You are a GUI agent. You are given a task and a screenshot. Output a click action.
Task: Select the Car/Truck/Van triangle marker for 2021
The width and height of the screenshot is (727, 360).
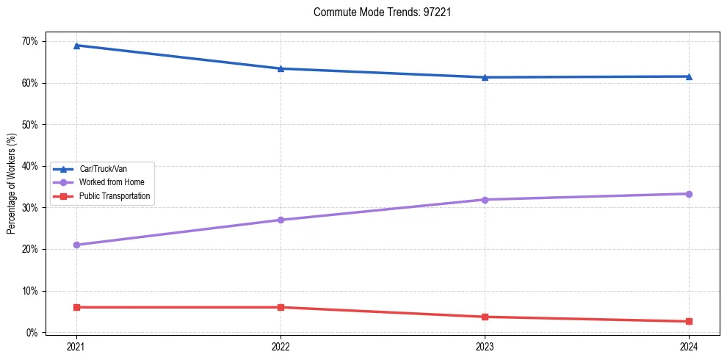coord(76,46)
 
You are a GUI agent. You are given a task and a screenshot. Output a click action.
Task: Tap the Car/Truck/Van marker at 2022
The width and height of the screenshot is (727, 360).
coord(281,68)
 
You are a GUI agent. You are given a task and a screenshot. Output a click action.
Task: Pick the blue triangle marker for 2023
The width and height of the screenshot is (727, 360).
coord(485,77)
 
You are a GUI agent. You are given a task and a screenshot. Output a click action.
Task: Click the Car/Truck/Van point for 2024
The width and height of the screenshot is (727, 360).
coord(689,76)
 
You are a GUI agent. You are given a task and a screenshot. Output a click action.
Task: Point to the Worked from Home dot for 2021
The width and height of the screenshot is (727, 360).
coord(76,245)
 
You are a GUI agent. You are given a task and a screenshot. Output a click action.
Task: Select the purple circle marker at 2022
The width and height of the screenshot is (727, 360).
coord(281,220)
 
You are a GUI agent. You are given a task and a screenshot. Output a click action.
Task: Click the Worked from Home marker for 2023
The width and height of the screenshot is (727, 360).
coord(485,200)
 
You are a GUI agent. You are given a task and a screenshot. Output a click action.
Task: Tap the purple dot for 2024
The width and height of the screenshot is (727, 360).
coord(689,194)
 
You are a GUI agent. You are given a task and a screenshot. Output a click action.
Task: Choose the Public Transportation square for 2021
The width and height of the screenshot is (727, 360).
coord(76,307)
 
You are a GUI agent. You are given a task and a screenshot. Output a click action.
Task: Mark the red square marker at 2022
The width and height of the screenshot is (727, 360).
coord(281,307)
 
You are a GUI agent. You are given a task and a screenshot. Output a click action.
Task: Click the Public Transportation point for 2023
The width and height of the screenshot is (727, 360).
coord(485,317)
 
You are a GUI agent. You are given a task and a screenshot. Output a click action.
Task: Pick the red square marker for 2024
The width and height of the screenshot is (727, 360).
coord(689,321)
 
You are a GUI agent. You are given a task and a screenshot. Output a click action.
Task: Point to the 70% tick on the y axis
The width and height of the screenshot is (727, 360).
coord(29,41)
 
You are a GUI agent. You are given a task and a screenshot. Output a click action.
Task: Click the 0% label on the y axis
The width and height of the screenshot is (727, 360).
coord(32,333)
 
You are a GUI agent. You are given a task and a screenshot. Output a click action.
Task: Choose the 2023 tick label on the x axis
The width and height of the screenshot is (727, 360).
coord(485,347)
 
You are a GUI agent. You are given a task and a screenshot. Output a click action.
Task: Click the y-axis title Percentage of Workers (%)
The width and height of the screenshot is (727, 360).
coord(11,184)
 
